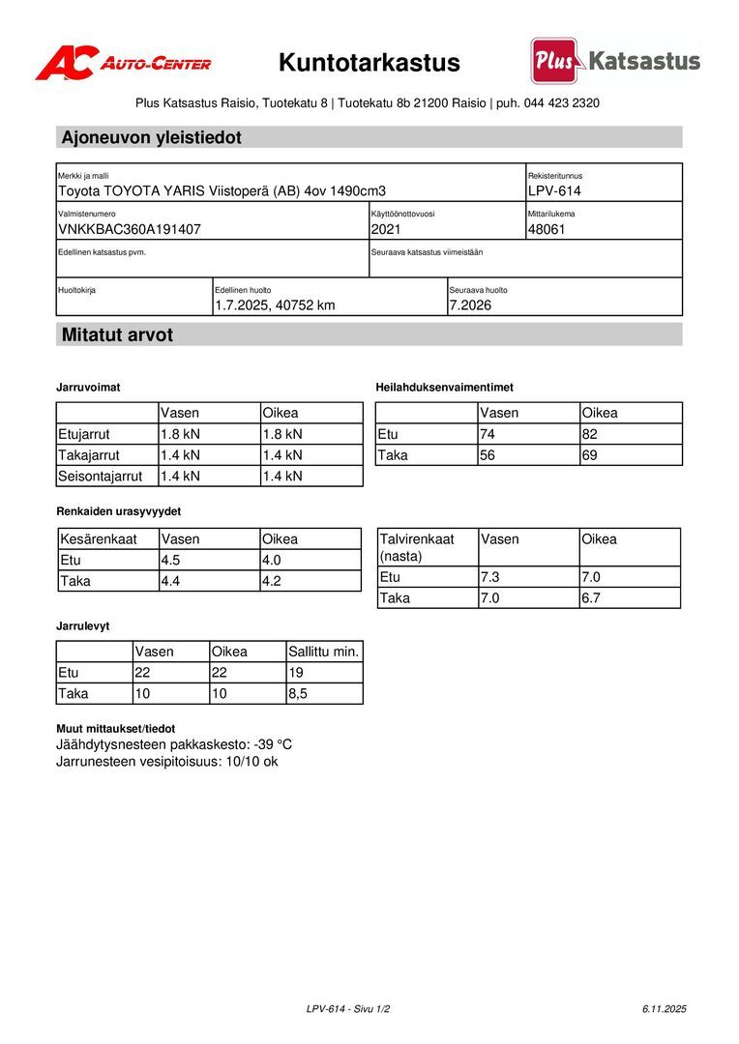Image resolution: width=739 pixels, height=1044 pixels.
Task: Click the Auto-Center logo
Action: click(x=123, y=64)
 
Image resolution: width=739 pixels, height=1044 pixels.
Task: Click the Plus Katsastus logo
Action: click(x=615, y=62)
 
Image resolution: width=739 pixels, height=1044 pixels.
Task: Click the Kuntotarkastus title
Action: click(x=369, y=63)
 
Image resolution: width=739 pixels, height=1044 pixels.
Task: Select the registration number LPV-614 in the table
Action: click(x=554, y=191)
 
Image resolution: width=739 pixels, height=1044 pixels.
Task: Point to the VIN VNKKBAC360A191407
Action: click(x=130, y=229)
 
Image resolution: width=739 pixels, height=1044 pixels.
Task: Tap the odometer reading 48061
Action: click(x=547, y=229)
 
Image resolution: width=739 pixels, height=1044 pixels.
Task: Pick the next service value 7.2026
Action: click(x=470, y=305)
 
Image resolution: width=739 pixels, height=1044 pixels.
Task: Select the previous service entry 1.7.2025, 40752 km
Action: click(x=275, y=305)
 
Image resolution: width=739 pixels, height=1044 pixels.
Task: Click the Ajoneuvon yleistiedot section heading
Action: click(x=152, y=137)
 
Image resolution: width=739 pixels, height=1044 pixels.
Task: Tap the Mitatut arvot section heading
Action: click(x=117, y=335)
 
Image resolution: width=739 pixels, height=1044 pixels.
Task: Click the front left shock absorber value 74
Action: click(x=488, y=434)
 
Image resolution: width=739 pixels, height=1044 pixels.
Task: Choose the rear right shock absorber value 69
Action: click(x=591, y=455)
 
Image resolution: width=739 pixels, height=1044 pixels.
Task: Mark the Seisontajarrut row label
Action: click(x=101, y=476)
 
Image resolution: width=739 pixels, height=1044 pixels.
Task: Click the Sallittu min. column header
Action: click(x=323, y=652)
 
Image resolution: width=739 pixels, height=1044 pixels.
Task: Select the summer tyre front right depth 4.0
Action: click(x=274, y=560)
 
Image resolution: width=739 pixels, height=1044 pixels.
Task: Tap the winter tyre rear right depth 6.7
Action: click(x=591, y=598)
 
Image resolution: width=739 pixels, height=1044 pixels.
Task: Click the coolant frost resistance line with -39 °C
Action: click(x=174, y=745)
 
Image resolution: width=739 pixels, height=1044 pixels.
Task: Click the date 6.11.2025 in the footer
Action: click(x=664, y=1009)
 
